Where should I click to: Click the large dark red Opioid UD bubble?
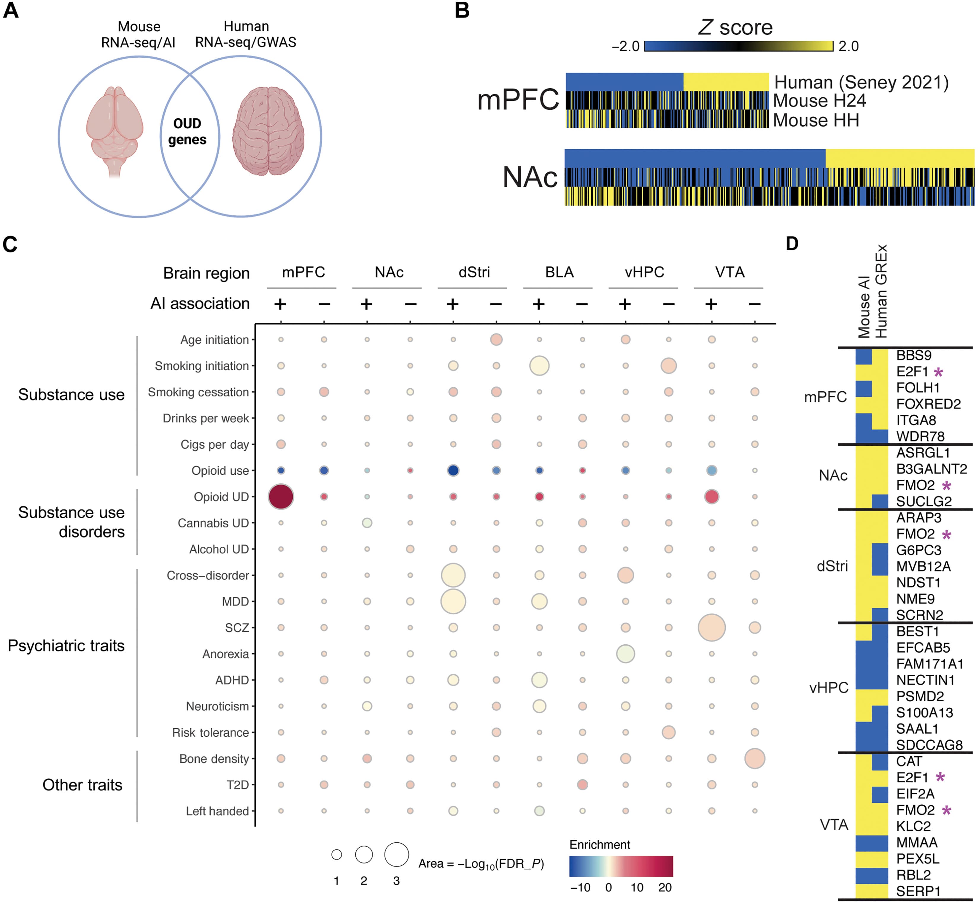click(x=281, y=497)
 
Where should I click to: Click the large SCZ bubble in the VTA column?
click(x=711, y=627)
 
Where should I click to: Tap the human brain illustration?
click(x=268, y=131)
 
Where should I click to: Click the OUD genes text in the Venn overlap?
click(x=187, y=132)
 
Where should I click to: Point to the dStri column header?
click(x=473, y=272)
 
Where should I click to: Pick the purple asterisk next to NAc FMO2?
click(x=947, y=486)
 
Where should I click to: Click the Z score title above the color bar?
click(x=735, y=27)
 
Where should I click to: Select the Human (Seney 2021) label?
click(x=861, y=82)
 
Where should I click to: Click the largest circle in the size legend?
click(x=396, y=854)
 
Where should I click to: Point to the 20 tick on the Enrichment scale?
click(x=665, y=887)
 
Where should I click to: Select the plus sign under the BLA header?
click(x=539, y=304)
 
